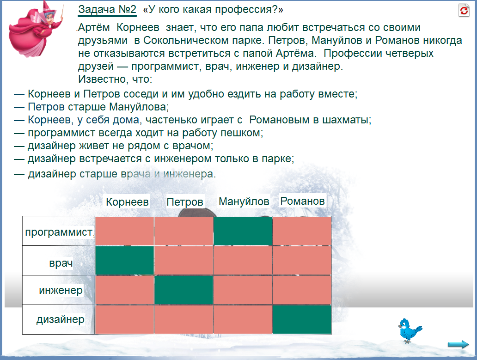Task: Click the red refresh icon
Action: (x=464, y=10)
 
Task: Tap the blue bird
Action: (x=410, y=330)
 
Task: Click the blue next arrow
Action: (x=458, y=344)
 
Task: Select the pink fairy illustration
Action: (x=35, y=30)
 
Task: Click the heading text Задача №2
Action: (x=107, y=9)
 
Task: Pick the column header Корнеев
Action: (x=127, y=202)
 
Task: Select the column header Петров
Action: (x=185, y=202)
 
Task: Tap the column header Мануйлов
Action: (x=244, y=201)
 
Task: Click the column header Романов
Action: (x=302, y=201)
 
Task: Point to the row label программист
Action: (x=59, y=232)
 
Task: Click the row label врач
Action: (x=61, y=263)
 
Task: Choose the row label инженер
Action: (x=61, y=290)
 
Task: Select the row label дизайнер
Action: (x=61, y=319)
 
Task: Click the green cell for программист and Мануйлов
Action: (x=243, y=231)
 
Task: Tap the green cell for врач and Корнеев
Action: (x=124, y=260)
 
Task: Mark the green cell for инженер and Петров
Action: (x=184, y=290)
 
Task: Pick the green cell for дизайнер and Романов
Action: (x=302, y=319)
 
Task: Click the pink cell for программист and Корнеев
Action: (x=124, y=231)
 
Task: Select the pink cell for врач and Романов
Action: (x=302, y=260)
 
